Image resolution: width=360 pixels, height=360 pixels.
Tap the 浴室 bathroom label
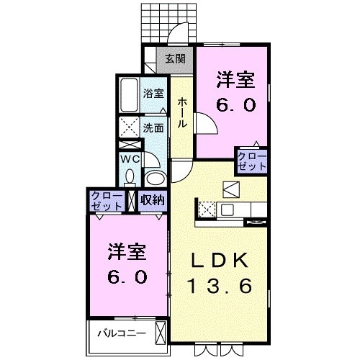pos(153,93)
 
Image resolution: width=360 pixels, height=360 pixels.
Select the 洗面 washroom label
pos(153,127)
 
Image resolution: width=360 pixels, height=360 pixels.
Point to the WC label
pos(130,158)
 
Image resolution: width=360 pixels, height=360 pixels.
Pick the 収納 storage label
pos(152,200)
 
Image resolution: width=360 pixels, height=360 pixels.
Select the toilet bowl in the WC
pos(130,176)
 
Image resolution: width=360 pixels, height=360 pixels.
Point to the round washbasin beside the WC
pos(154,177)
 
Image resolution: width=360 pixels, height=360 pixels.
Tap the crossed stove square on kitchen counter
pos(206,210)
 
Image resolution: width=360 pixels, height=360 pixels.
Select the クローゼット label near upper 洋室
pos(251,160)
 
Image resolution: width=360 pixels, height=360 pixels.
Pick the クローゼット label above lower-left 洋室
pos(107,200)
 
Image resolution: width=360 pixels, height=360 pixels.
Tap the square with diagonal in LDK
pos(233,189)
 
